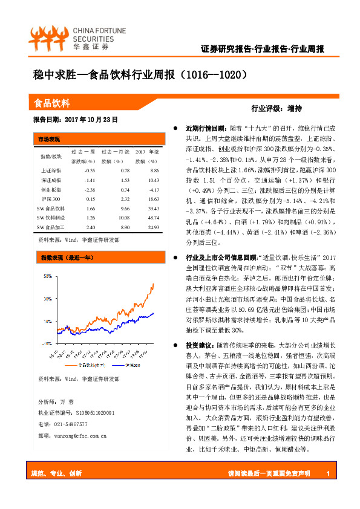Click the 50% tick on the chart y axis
(x=47, y=276)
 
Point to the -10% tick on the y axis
(x=47, y=342)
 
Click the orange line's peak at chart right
(x=152, y=284)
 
